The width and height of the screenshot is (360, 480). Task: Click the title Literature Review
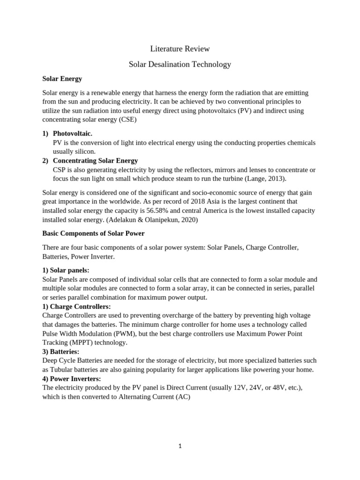click(x=180, y=49)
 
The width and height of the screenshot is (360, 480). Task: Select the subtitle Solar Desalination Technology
click(x=180, y=64)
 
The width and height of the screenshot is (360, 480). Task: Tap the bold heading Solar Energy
click(x=62, y=79)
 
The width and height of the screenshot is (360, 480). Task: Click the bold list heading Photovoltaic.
click(x=72, y=134)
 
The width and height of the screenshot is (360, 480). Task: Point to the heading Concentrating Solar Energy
click(x=95, y=160)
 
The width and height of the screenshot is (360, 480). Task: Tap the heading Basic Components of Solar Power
click(x=93, y=233)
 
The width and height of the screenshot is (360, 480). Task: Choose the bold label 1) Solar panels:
click(x=66, y=270)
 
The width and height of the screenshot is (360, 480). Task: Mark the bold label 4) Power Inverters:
click(x=71, y=378)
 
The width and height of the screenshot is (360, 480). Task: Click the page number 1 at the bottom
click(x=180, y=446)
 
